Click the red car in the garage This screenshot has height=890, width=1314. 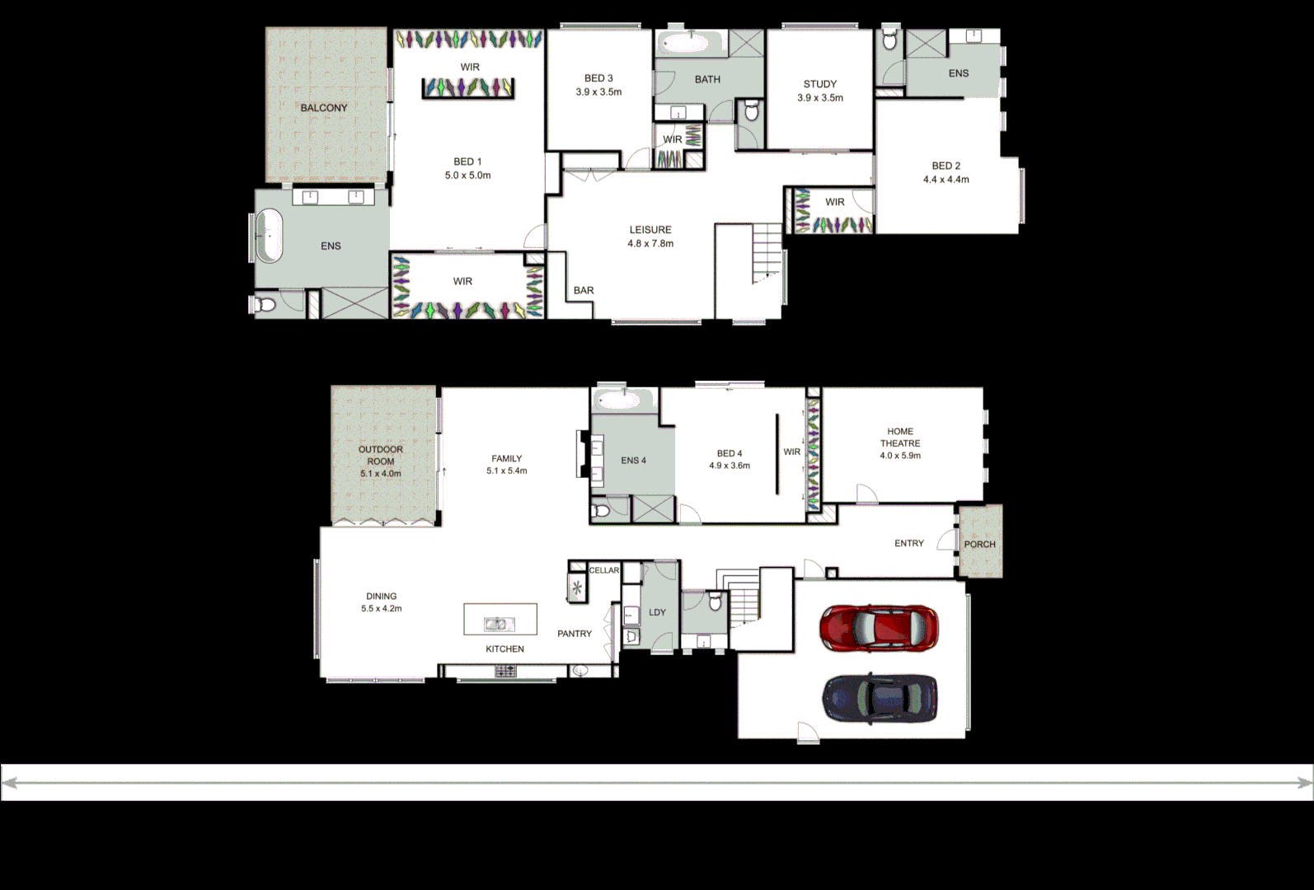click(879, 628)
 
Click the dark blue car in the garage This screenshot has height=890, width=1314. click(880, 698)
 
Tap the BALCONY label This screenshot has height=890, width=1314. click(324, 108)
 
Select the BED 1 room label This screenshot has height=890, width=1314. click(467, 162)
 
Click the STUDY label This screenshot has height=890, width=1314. click(819, 84)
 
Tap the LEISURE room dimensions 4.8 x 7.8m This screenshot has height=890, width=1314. click(650, 244)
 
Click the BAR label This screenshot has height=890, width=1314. click(584, 290)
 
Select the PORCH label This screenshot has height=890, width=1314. click(979, 544)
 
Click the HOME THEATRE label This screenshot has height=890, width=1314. click(900, 437)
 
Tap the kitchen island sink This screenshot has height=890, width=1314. click(499, 624)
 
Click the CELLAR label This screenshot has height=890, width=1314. click(604, 570)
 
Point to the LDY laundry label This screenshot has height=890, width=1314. click(657, 612)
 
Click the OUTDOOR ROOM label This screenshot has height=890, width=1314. click(381, 455)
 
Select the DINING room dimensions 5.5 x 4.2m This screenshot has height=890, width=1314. click(382, 609)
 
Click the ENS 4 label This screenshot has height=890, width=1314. click(633, 461)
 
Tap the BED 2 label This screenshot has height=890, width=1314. click(946, 166)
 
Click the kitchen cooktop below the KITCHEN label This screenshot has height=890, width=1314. click(504, 672)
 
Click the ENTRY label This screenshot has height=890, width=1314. click(908, 543)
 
